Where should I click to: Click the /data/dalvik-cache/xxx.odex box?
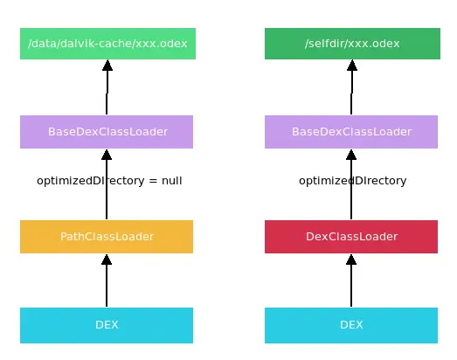(x=107, y=44)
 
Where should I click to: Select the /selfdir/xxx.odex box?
(x=352, y=44)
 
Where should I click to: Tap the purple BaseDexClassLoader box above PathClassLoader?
(x=107, y=132)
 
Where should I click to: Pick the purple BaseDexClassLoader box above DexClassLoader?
(x=351, y=132)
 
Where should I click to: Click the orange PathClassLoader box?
(x=107, y=237)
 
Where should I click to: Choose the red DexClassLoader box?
(x=351, y=237)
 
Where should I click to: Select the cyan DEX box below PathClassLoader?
(x=107, y=325)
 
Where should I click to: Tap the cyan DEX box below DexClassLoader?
(x=351, y=325)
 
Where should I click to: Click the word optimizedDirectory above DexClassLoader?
(x=352, y=181)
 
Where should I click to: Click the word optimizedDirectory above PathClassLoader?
(x=89, y=181)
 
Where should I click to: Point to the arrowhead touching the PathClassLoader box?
(x=107, y=260)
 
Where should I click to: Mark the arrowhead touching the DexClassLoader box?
(x=351, y=260)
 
